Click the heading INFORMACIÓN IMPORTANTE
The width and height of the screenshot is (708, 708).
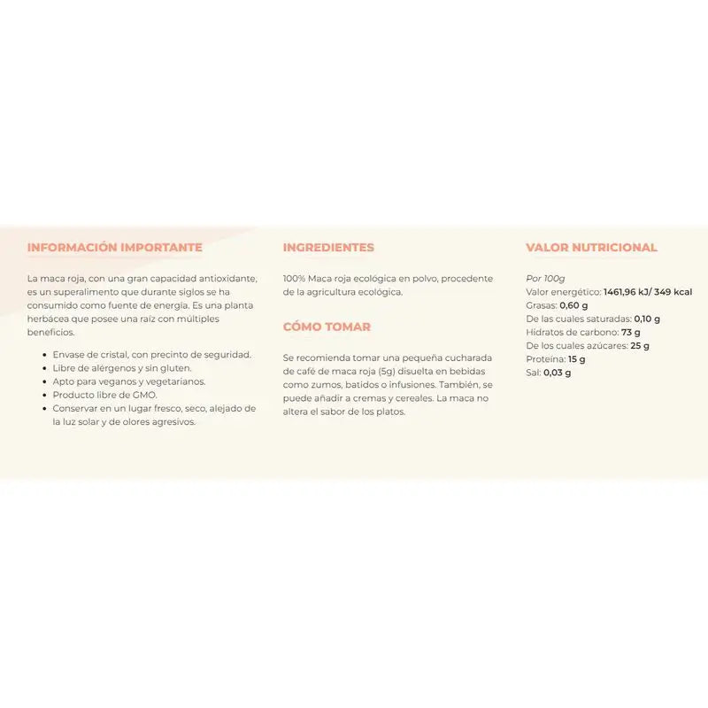115,248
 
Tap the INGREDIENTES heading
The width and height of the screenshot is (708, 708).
328,248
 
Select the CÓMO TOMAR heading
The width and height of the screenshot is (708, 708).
327,327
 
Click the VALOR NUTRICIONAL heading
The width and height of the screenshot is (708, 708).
591,248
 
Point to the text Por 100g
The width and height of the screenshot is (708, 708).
545,278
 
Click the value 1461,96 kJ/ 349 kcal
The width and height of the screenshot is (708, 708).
648,292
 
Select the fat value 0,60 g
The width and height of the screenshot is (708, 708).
574,305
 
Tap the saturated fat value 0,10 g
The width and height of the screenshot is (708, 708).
647,319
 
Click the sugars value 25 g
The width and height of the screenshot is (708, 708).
640,345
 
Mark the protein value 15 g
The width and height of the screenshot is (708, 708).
577,359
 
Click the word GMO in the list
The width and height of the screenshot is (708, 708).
119,395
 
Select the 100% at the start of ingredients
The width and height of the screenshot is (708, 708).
295,278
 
